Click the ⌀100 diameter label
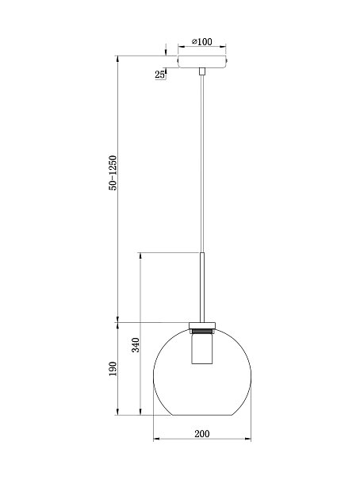[x=201, y=41]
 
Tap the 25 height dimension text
[x=159, y=75]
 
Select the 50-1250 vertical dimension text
[x=113, y=173]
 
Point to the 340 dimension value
[x=136, y=345]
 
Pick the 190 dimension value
[x=113, y=369]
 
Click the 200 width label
[x=202, y=433]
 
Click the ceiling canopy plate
[x=202, y=62]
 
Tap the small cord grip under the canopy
[x=202, y=71]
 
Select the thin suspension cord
[x=202, y=163]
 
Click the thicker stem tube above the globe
[x=202, y=287]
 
